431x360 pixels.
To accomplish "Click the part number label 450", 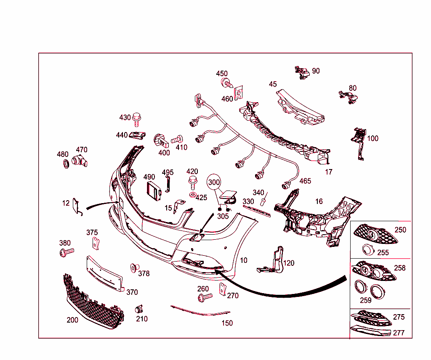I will [x=222, y=74].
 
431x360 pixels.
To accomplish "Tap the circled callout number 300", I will [x=214, y=182].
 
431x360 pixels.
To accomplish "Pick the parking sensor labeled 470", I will [x=79, y=161].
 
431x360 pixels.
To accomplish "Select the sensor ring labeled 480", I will [x=65, y=164].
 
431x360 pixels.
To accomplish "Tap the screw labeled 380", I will [x=66, y=252].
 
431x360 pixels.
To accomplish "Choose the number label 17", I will [x=329, y=172].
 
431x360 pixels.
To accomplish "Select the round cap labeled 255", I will [x=368, y=250].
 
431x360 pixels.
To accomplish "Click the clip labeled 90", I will [x=302, y=72].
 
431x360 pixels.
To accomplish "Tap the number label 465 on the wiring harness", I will [x=305, y=181].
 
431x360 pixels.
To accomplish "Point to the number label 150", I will [x=227, y=323].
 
